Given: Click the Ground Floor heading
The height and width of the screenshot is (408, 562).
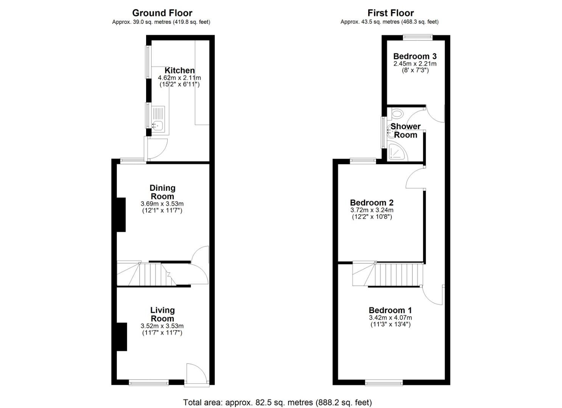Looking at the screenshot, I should tap(162, 13).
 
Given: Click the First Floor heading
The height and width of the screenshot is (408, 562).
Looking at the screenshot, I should tap(391, 13).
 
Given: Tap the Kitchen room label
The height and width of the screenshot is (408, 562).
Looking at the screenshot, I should tap(180, 70).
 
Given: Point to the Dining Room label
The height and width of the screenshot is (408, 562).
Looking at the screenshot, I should tap(162, 192).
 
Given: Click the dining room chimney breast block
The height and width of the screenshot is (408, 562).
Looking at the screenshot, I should tap(121, 215).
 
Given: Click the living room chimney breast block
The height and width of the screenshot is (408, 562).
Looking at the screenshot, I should tap(121, 337).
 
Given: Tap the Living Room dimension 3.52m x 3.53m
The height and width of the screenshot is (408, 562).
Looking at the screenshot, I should tap(162, 326).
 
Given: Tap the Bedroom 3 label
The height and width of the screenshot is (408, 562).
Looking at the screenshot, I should tap(415, 56).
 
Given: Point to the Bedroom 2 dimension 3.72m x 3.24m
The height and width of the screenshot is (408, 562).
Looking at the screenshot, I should tap(372, 210).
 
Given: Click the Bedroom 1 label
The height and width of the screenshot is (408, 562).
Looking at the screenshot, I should tap(390, 310).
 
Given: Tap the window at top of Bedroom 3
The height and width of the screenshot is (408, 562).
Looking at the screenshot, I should tap(418, 37).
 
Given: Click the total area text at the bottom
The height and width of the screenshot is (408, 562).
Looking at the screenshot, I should tap(277, 402).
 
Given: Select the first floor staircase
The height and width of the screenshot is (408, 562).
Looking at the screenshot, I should tap(390, 274).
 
